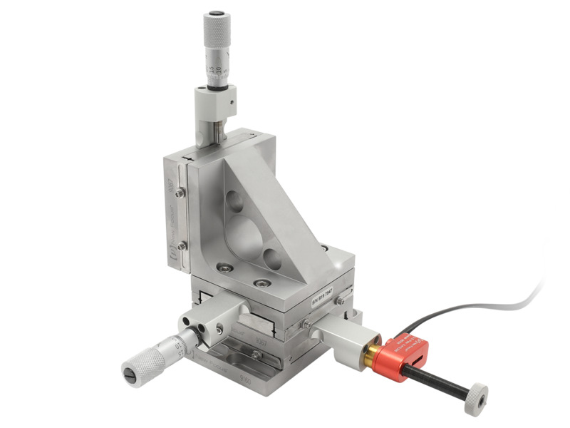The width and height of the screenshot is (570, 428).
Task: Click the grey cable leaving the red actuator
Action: [484, 307]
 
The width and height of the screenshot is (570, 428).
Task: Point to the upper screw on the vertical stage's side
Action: [181, 192]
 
